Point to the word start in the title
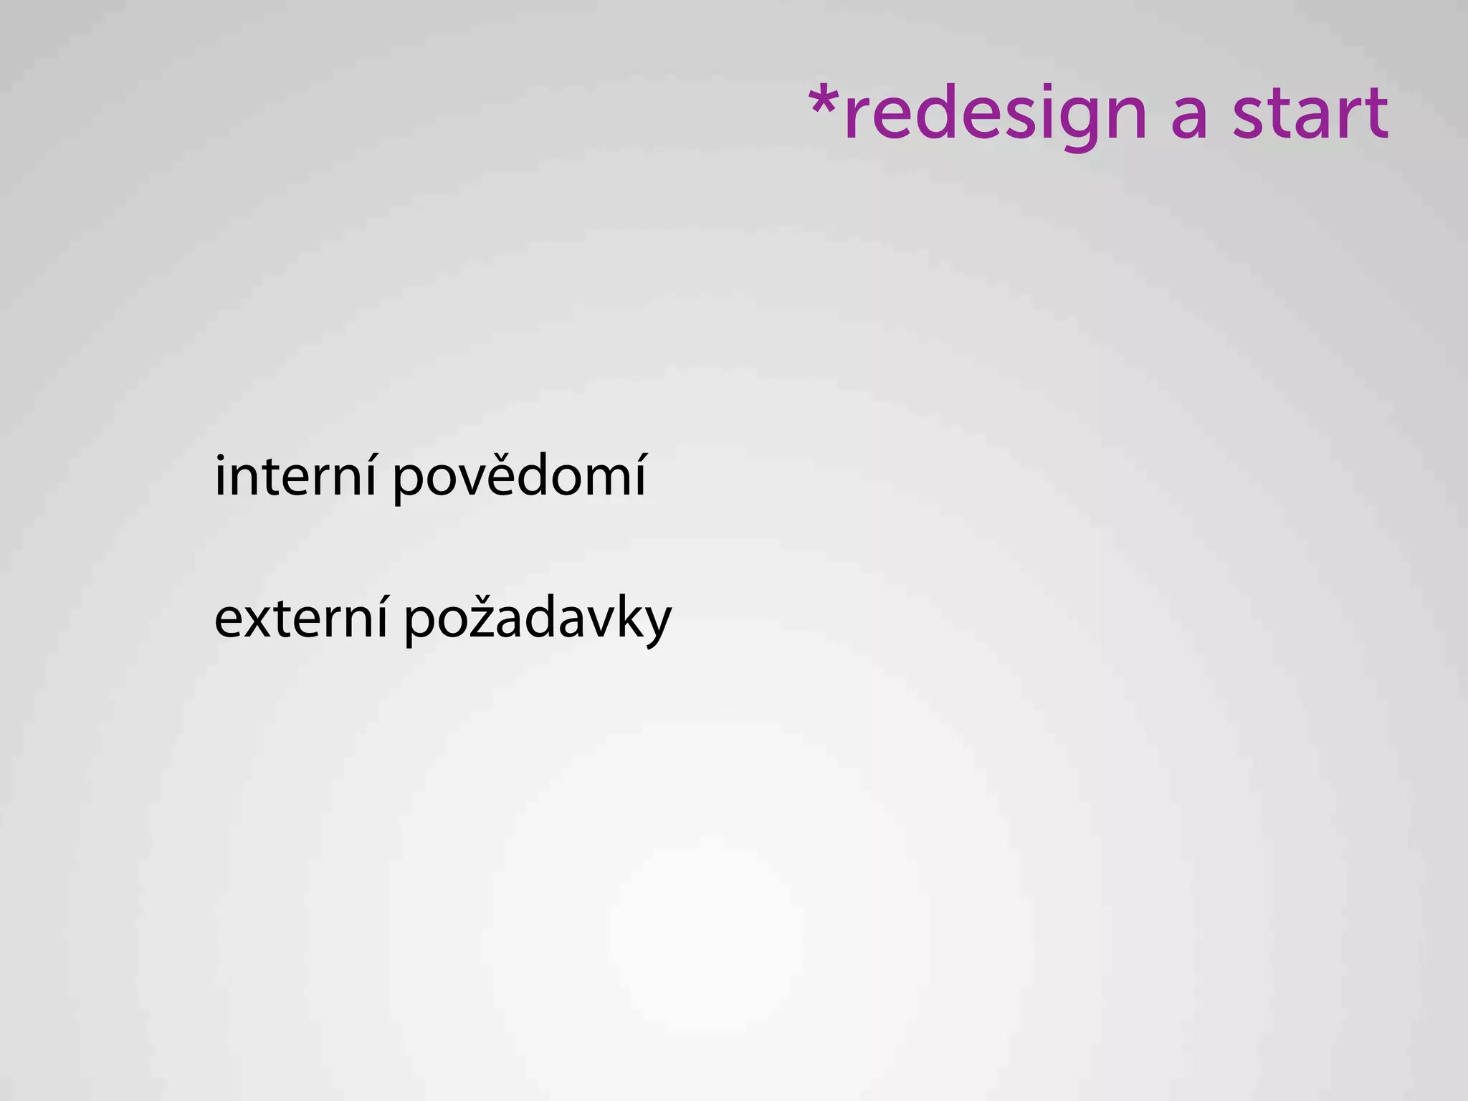coord(1310,113)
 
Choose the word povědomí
coord(520,477)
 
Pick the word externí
coord(301,618)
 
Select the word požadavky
coord(538,619)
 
